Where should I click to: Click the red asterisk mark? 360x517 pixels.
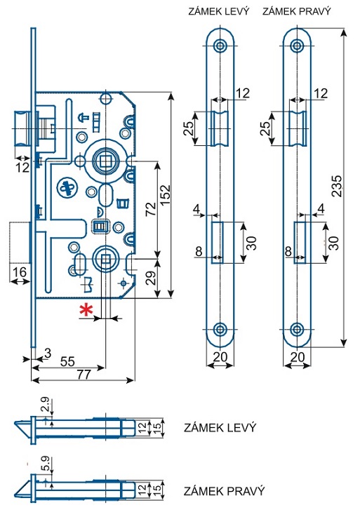pyautogui.click(x=86, y=310)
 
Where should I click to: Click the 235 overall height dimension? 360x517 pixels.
pyautogui.click(x=337, y=187)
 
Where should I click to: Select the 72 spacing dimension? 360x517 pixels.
pyautogui.click(x=150, y=209)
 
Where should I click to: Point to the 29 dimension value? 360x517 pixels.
pyautogui.click(x=150, y=278)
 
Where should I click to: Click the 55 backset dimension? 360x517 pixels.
pyautogui.click(x=67, y=361)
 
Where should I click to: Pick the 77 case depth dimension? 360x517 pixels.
pyautogui.click(x=83, y=375)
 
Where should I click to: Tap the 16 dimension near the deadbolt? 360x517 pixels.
pyautogui.click(x=19, y=272)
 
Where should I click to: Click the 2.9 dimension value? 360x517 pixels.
pyautogui.click(x=46, y=405)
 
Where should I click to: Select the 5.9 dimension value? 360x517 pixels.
pyautogui.click(x=46, y=463)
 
